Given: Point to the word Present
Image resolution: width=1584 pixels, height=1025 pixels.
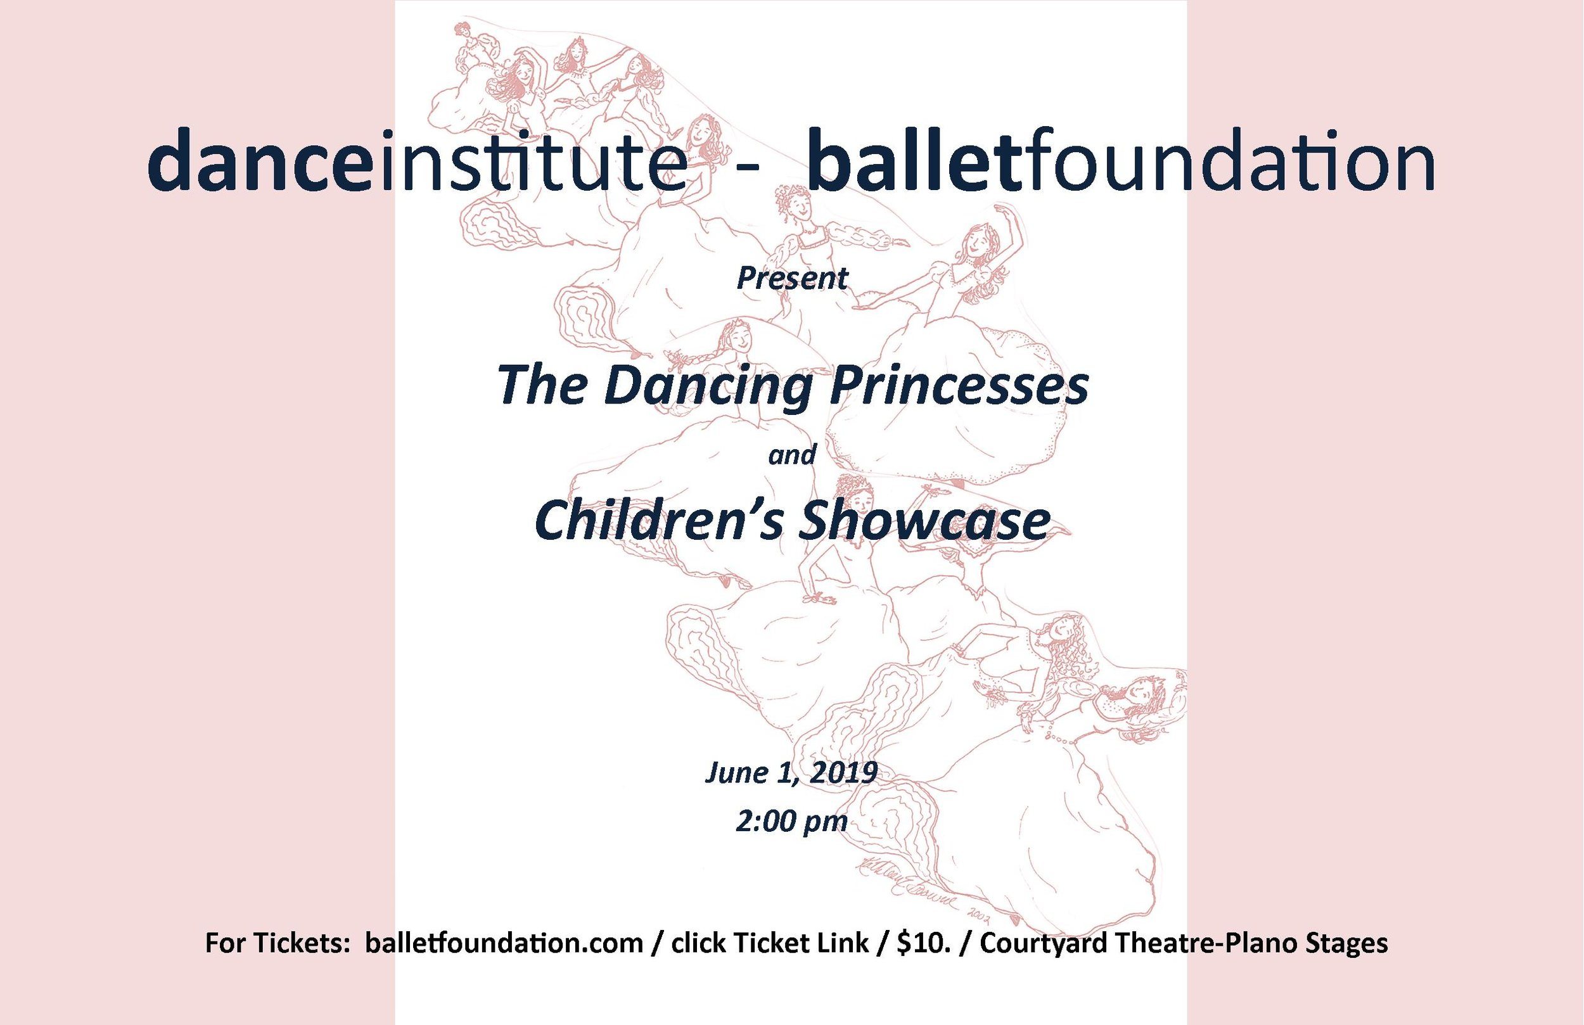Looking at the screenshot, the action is click(x=792, y=278).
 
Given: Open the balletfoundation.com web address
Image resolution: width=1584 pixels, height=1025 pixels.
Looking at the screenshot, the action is click(x=503, y=943).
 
